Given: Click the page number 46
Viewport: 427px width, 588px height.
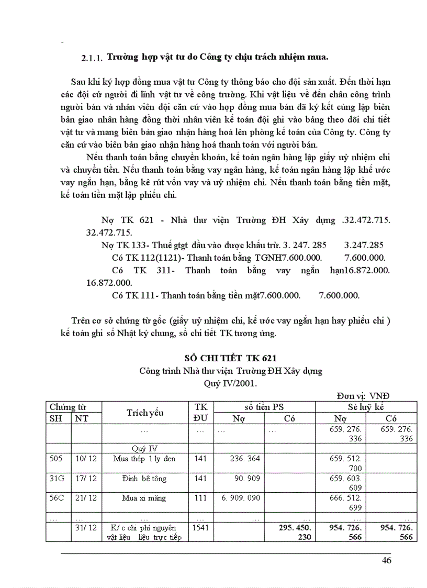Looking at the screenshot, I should tap(387, 561).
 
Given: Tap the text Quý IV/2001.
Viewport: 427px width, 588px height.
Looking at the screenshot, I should tap(230, 383).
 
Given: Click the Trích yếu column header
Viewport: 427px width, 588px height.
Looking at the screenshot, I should tap(145, 412).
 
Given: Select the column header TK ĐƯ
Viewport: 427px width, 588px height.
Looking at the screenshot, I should tap(200, 412).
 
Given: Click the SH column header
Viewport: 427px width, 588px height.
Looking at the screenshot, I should tap(55, 418).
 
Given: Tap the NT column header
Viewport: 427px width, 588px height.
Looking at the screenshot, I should tap(82, 418).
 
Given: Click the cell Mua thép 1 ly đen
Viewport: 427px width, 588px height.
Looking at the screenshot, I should tap(144, 459).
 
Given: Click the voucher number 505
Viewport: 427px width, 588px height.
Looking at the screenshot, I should tap(56, 459).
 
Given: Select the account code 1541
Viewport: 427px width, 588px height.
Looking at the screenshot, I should tap(201, 528).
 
